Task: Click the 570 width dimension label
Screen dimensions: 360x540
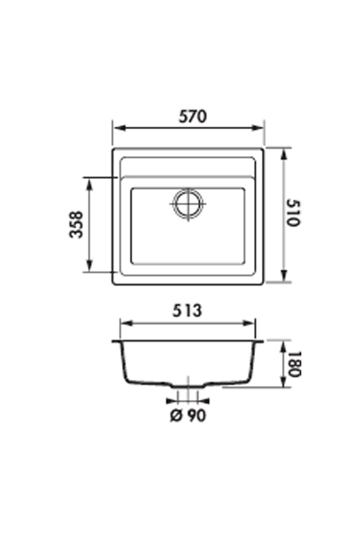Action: click(x=193, y=116)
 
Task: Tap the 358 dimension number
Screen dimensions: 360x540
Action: click(x=76, y=225)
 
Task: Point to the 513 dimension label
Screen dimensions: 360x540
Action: click(x=187, y=311)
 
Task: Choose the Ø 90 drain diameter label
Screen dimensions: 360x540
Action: click(x=188, y=416)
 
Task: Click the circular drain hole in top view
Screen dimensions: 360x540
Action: click(x=188, y=204)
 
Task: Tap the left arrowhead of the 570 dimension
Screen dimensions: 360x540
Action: click(x=118, y=128)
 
